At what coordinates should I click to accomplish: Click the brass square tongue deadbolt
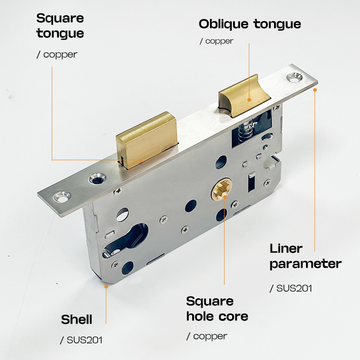(x=147, y=140)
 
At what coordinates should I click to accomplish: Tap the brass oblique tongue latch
(x=244, y=95)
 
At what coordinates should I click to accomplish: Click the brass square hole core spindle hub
(x=222, y=189)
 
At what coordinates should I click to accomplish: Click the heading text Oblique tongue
(x=250, y=24)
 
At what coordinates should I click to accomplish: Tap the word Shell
(x=76, y=319)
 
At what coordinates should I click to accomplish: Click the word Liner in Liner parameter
(x=286, y=248)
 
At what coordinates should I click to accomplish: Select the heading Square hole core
(x=217, y=309)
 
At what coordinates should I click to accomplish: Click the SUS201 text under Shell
(x=84, y=340)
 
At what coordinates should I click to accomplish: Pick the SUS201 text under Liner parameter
(x=294, y=288)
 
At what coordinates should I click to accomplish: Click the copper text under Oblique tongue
(x=219, y=41)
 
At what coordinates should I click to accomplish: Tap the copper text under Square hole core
(x=210, y=336)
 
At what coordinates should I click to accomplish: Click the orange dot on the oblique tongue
(x=249, y=100)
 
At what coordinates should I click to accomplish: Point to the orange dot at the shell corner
(x=106, y=287)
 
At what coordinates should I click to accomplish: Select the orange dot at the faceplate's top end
(x=315, y=90)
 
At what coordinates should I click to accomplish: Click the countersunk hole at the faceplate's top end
(x=295, y=77)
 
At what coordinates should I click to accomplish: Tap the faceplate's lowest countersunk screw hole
(x=62, y=197)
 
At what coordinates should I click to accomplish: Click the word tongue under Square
(x=60, y=33)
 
